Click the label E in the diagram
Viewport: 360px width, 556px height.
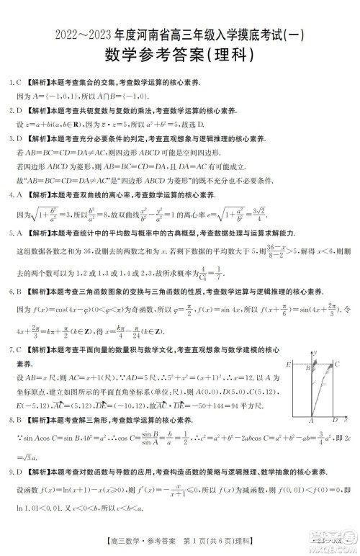[289, 365]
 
